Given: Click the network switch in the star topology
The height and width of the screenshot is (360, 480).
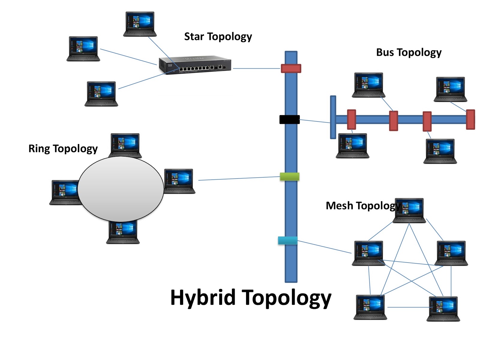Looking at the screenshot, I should (x=195, y=65).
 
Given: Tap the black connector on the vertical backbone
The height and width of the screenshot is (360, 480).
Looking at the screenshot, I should (x=289, y=119).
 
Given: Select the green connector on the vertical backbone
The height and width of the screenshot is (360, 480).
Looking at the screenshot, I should (x=289, y=176).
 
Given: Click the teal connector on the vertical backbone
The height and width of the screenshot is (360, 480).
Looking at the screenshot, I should (x=288, y=240).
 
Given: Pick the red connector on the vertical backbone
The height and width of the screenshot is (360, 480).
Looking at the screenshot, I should (x=291, y=68).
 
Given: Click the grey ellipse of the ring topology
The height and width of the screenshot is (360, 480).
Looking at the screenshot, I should (x=121, y=189).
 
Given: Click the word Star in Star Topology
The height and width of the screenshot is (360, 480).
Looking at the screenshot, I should (x=194, y=37).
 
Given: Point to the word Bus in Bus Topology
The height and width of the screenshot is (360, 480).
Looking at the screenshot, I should (x=385, y=52).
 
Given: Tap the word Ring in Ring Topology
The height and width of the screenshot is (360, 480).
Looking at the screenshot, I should (x=39, y=148).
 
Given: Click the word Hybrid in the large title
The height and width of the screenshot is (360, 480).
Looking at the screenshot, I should (x=203, y=298).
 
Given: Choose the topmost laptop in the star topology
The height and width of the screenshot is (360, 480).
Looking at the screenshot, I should (x=140, y=24).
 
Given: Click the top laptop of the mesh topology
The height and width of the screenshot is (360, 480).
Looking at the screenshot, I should (x=409, y=210).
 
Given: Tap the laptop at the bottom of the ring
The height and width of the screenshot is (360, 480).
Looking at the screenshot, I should (x=123, y=233).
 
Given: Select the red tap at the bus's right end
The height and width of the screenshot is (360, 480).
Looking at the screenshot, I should (x=470, y=119).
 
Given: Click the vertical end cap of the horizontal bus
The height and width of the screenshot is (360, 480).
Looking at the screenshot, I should (x=333, y=117).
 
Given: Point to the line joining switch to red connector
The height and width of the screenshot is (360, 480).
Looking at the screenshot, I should (x=256, y=69).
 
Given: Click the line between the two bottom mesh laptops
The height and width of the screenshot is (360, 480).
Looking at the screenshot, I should (x=408, y=307).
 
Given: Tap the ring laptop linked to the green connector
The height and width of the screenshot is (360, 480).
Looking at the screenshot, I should (x=179, y=181).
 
